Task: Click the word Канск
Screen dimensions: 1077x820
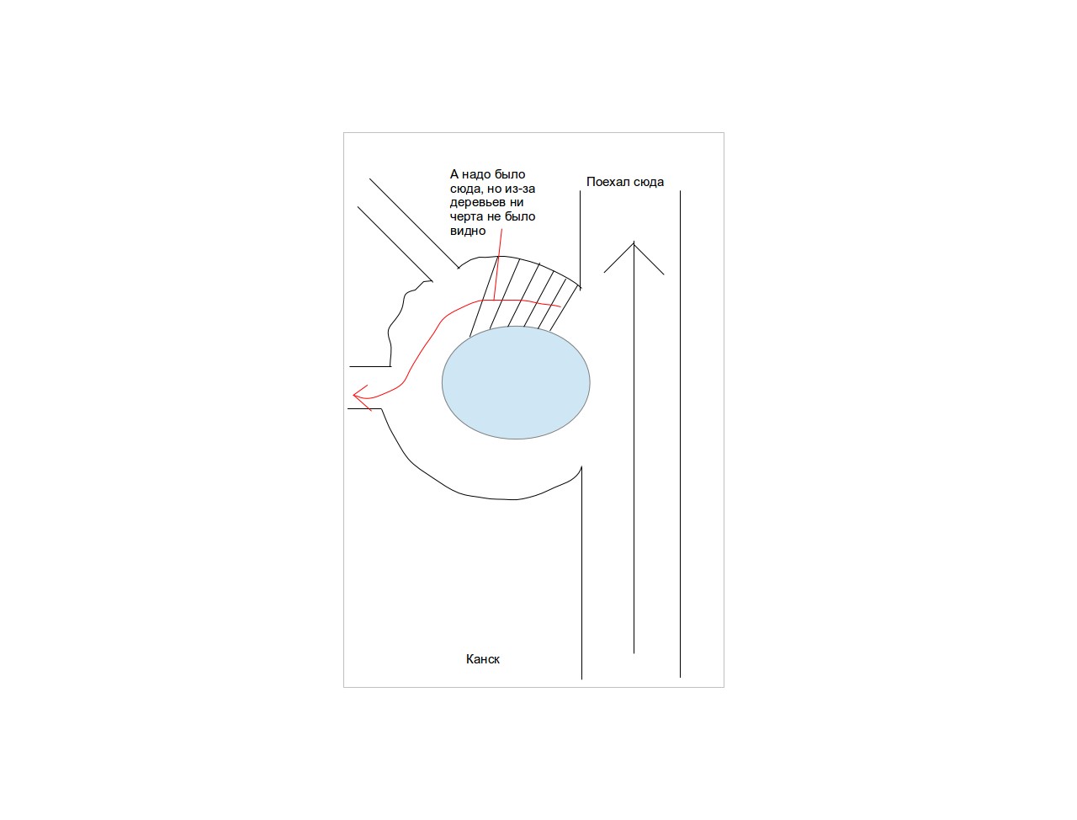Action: (482, 659)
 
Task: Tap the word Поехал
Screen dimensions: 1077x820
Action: (607, 182)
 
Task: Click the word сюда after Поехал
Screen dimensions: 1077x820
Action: (648, 183)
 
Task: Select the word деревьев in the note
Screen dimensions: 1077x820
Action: (486, 203)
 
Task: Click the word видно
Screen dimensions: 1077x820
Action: (468, 232)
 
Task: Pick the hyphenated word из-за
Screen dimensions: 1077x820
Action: (519, 189)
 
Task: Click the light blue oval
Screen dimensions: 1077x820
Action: (516, 382)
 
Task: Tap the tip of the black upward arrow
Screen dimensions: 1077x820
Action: (634, 242)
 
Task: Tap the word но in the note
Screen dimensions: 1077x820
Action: (494, 189)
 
